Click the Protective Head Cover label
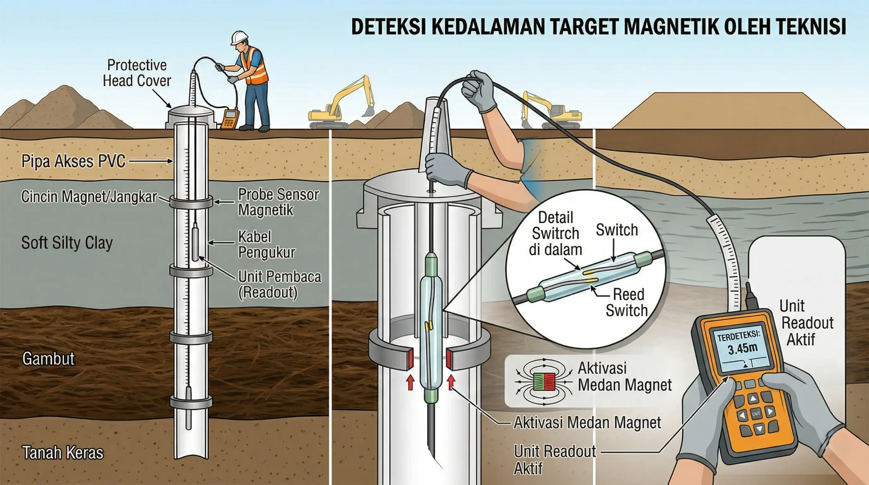[137, 73]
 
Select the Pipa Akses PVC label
[73, 161]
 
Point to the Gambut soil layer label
[48, 359]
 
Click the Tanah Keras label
[63, 453]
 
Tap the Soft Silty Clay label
[67, 243]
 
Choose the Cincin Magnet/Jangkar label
[89, 197]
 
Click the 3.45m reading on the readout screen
[742, 349]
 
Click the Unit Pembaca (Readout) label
[279, 284]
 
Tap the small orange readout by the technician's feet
[230, 119]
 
